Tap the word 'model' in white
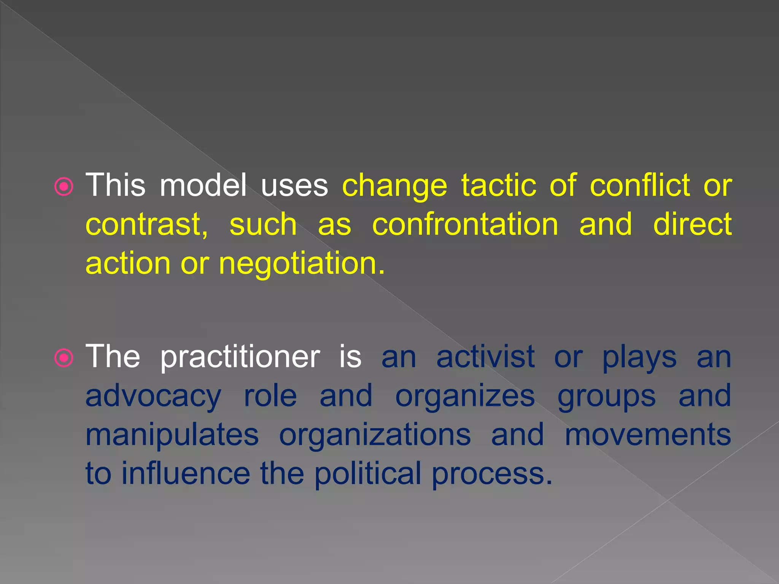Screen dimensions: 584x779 203,185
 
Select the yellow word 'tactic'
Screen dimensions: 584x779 499,185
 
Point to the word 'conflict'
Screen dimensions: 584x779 640,185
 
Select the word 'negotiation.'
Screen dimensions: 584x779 302,264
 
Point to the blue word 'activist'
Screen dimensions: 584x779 485,357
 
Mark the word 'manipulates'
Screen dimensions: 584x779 172,436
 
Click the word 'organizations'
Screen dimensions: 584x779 375,436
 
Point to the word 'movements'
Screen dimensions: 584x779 647,435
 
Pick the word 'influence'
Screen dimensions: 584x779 186,474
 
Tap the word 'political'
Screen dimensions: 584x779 367,474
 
